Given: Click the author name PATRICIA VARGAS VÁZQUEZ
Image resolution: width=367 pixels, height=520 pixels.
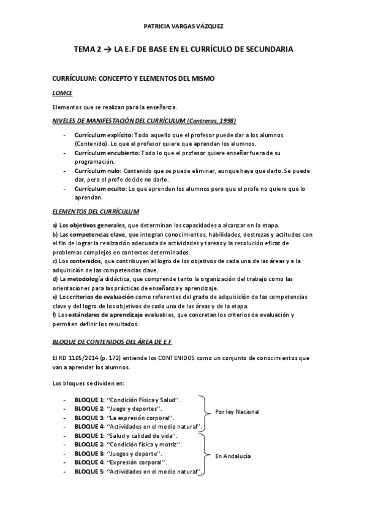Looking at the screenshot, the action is pos(183,27).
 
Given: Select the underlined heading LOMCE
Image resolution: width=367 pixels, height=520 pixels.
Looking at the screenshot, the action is pos(62,93).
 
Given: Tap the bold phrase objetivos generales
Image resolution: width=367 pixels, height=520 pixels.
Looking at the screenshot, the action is pos(96,226).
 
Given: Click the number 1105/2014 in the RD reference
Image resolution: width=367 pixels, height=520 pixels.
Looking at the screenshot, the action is pos(80,357).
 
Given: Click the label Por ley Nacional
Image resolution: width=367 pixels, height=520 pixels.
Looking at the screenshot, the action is pos(237,412).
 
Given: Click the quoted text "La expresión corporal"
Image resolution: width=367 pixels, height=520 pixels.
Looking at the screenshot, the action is pos(138,417).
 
